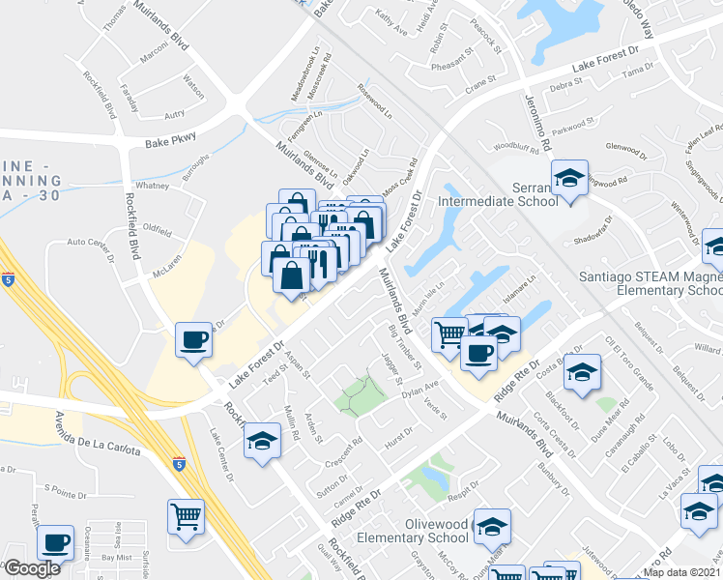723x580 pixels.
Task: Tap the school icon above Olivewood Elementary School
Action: pos(493,526)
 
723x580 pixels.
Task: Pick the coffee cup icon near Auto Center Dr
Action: pos(193,339)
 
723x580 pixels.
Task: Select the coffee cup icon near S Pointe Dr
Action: pos(56,542)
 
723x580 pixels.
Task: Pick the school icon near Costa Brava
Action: pos(582,371)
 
